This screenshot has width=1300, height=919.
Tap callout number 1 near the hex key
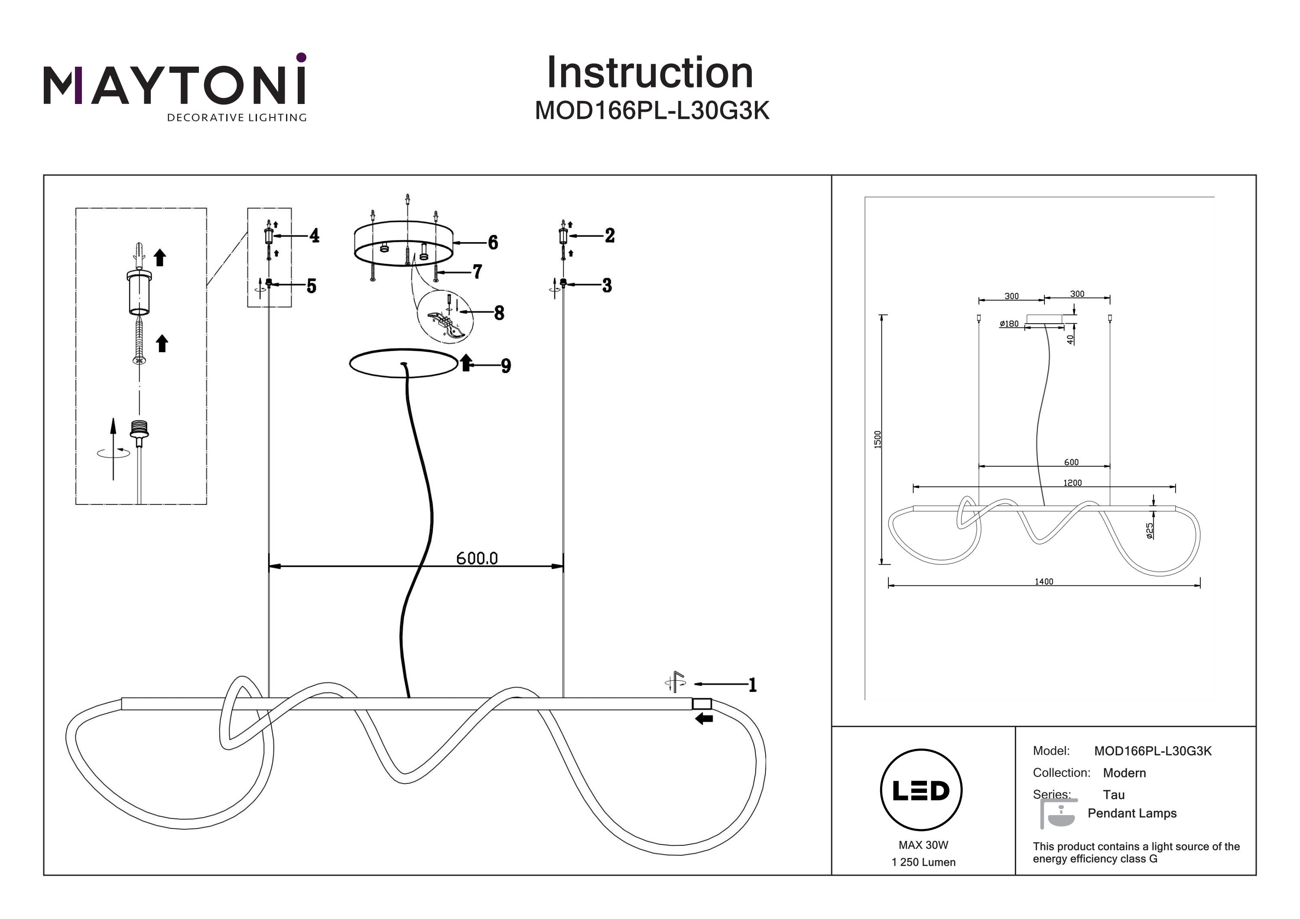tap(752, 685)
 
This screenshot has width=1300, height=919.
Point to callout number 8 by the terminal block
tap(499, 312)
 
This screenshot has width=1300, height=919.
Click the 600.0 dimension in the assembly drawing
tap(477, 559)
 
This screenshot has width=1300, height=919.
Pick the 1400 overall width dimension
tap(1043, 581)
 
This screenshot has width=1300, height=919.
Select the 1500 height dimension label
tap(877, 439)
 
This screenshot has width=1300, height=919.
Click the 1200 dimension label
tap(1072, 483)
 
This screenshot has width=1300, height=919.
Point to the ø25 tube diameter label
tap(1149, 531)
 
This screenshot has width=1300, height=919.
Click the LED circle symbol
tap(921, 790)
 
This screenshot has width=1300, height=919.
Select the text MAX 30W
tap(923, 845)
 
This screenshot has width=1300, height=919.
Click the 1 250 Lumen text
tap(923, 862)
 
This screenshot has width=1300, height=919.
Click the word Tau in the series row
tap(1114, 795)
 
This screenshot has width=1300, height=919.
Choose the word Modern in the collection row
tap(1124, 773)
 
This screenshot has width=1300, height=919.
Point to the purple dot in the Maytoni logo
tap(301, 57)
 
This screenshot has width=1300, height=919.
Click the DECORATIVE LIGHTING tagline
tap(237, 118)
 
